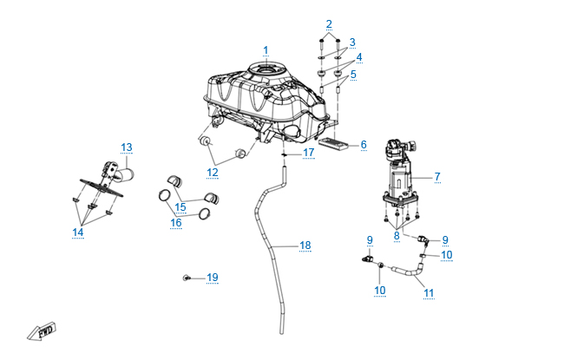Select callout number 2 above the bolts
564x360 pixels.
(329, 23)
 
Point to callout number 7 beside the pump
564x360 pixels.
(437, 176)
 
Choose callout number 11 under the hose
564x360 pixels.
(429, 292)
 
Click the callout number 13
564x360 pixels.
(126, 147)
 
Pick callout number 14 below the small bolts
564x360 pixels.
(78, 232)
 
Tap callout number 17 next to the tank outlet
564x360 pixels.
(309, 153)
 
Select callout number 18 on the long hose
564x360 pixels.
(305, 245)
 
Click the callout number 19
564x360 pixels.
(212, 278)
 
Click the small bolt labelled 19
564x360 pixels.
(187, 278)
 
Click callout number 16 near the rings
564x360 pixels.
(176, 222)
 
